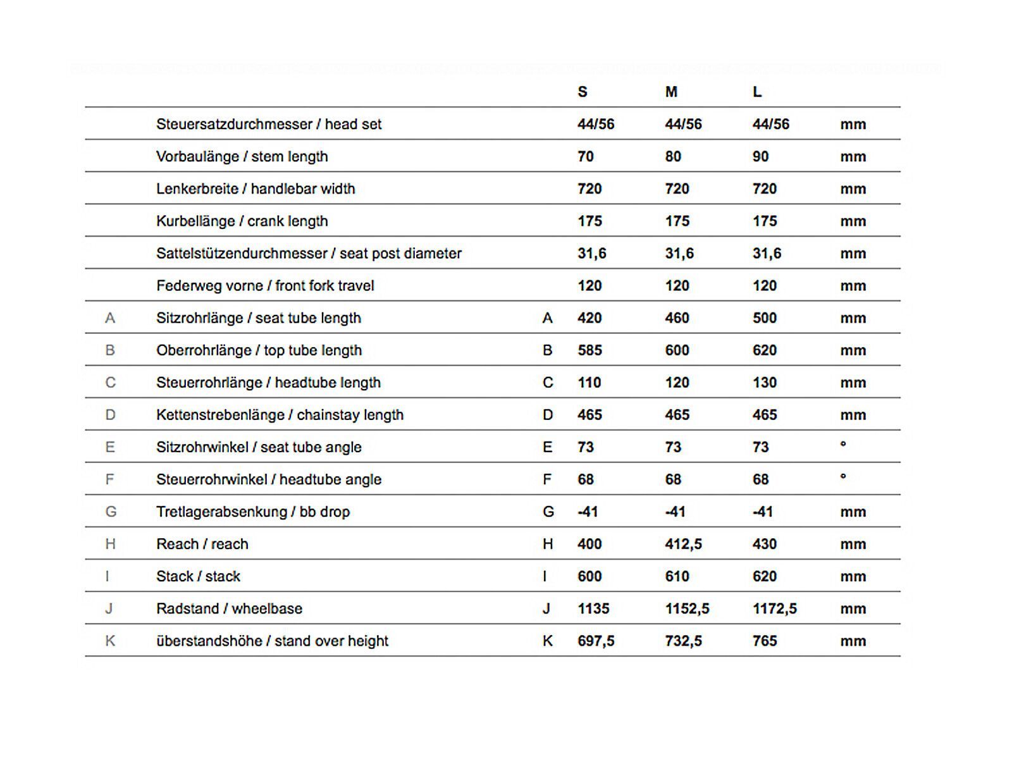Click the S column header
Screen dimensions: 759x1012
tap(583, 92)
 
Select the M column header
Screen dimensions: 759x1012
tap(671, 92)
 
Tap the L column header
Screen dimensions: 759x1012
tap(757, 92)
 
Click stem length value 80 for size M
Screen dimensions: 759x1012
tap(673, 157)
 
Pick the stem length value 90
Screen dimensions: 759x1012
tap(760, 157)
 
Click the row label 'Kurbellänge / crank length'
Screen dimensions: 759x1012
tap(242, 221)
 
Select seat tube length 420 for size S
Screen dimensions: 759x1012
tap(589, 318)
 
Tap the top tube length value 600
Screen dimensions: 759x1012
tap(677, 350)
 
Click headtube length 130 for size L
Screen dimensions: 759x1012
tap(764, 383)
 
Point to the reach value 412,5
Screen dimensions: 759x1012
tap(683, 544)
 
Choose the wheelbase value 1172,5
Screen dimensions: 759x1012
tap(774, 608)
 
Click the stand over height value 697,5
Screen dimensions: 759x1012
tap(596, 641)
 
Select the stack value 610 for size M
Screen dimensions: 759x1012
tap(677, 576)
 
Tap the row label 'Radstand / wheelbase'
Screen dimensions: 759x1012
tap(229, 608)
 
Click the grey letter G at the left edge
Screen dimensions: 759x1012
tap(111, 512)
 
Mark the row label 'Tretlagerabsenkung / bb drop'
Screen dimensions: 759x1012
tap(253, 512)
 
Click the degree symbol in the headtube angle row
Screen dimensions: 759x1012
tap(843, 477)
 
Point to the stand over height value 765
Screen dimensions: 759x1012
tap(764, 641)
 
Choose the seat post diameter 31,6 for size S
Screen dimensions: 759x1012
tap(591, 254)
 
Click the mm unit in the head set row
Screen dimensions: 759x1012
tap(853, 125)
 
